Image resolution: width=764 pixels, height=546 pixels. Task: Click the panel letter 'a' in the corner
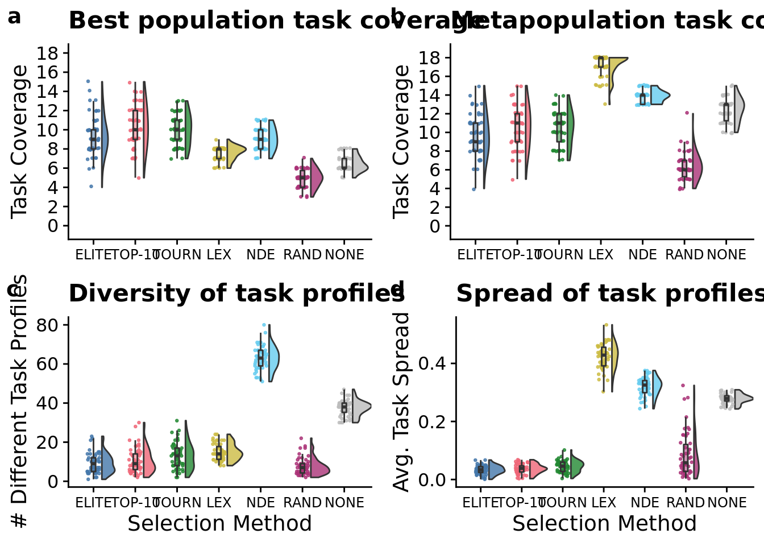point(14,17)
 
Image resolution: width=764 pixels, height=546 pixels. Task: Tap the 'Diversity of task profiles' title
point(236,293)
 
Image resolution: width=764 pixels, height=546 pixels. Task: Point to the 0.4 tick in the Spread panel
point(433,363)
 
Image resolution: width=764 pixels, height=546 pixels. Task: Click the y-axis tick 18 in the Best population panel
point(48,53)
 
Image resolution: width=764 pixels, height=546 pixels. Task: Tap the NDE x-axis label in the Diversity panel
point(260,503)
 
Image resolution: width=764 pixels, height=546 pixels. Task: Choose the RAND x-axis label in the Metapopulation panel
point(684,255)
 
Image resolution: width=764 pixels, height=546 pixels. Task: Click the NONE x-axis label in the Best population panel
point(344,255)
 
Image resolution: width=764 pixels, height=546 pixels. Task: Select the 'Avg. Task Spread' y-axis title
point(402,402)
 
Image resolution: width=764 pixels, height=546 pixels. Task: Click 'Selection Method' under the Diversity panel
point(219,524)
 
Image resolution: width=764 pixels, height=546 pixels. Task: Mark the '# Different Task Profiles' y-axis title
point(19,401)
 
